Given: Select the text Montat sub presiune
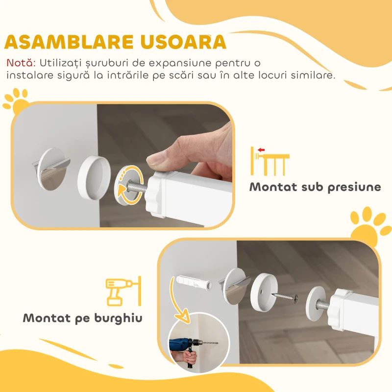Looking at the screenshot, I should pyautogui.click(x=315, y=187).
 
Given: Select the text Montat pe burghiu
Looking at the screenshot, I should pyautogui.click(x=82, y=318).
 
